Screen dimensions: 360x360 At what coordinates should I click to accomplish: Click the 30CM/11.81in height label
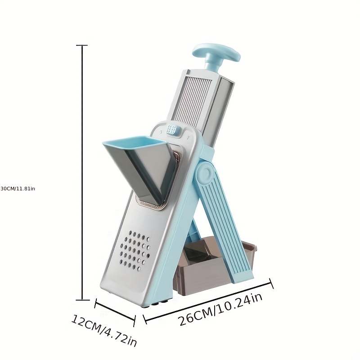(x=18, y=189)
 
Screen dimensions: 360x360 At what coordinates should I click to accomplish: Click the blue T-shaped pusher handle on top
(x=216, y=53)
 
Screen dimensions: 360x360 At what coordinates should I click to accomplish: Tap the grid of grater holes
(x=135, y=251)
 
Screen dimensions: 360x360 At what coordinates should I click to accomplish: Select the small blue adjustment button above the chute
(x=172, y=129)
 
